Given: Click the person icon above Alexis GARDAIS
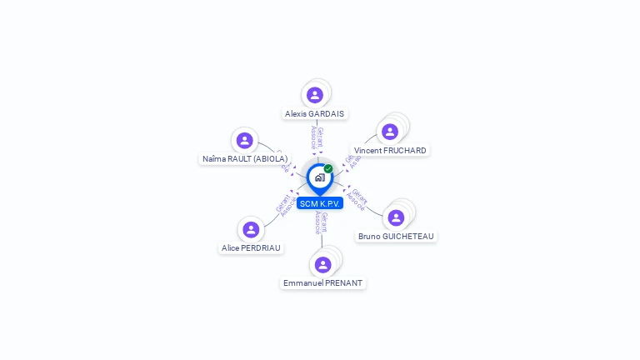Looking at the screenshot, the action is (315, 95).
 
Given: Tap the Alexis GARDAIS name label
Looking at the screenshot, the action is (314, 114).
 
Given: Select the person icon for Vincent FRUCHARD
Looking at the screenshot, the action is (389, 132).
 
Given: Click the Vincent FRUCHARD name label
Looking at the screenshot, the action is (390, 151).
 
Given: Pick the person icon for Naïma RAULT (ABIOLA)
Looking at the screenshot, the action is (244, 140).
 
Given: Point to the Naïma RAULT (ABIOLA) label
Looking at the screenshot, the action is (245, 158).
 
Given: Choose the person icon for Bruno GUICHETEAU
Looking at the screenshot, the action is (396, 217).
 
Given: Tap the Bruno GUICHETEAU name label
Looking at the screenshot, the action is (396, 237).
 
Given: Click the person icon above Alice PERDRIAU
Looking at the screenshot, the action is (251, 229).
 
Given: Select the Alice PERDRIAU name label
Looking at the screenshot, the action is (252, 248).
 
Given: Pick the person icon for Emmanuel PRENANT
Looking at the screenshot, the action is (323, 264).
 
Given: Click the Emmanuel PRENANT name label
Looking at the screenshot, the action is (323, 283).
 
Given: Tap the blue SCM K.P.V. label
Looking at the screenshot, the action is (320, 204).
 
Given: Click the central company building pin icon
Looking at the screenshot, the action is (319, 177).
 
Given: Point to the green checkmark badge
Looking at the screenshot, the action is (328, 169).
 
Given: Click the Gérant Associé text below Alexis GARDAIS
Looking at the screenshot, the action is (317, 137).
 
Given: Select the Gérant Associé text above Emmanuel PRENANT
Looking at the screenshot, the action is (321, 222).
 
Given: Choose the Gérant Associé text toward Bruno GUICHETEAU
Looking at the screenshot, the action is (357, 200).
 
